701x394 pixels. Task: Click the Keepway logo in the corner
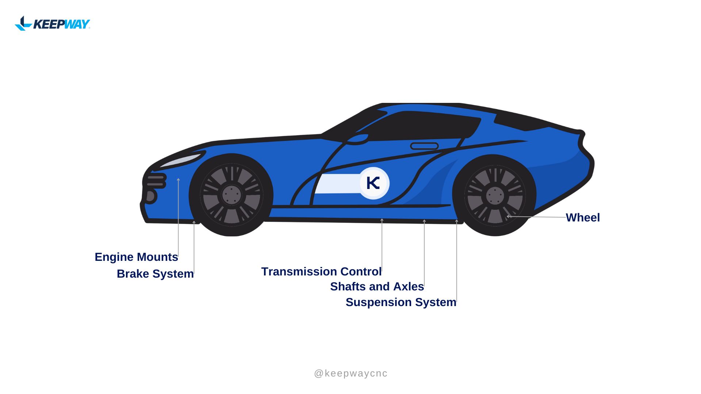(x=52, y=24)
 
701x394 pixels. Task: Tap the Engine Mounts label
(x=136, y=257)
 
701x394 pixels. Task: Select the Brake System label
(x=155, y=274)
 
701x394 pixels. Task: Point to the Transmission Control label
(x=321, y=272)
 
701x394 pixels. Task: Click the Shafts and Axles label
(x=377, y=287)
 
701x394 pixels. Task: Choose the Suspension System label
(x=401, y=302)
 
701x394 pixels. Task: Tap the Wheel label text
(x=583, y=218)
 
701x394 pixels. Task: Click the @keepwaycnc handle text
(x=351, y=374)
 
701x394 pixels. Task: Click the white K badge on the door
(x=374, y=183)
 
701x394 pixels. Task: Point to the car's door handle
(x=424, y=146)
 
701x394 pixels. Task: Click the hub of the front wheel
(x=231, y=195)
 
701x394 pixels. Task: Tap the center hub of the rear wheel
(x=495, y=196)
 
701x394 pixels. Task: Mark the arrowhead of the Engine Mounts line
(x=178, y=179)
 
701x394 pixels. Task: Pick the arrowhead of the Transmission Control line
(x=382, y=220)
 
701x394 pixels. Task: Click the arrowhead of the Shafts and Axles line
(x=424, y=221)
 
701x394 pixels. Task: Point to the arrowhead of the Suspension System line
(x=456, y=221)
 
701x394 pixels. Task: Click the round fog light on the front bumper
(x=151, y=196)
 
